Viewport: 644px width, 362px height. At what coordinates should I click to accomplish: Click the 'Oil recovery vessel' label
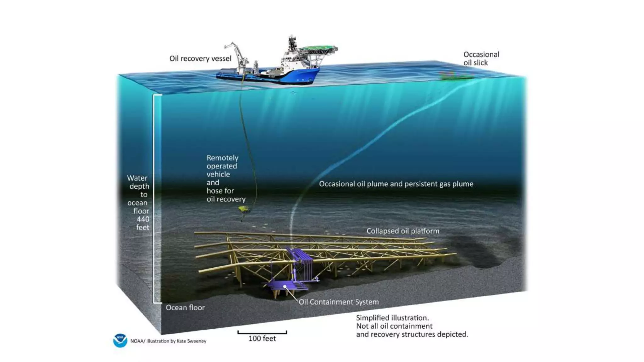tap(200, 58)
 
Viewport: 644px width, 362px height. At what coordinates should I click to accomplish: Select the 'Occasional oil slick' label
tap(481, 58)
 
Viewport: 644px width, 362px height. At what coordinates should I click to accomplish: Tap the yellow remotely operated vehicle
tap(243, 209)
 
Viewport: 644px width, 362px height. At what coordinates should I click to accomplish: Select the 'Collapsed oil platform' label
tap(403, 231)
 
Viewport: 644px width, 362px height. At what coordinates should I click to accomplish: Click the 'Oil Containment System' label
tap(339, 302)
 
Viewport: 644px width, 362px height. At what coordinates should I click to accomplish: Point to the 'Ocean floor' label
tap(185, 308)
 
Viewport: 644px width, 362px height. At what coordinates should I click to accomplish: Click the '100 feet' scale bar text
tap(262, 338)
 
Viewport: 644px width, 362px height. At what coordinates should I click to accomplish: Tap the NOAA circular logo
tap(120, 341)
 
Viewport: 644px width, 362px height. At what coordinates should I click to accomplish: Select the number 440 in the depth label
tap(143, 219)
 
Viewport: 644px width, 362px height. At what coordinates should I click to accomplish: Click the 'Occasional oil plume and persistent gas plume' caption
tap(396, 184)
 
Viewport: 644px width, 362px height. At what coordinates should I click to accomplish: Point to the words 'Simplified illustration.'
tap(392, 318)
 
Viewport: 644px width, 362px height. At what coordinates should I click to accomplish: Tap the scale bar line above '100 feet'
tap(262, 333)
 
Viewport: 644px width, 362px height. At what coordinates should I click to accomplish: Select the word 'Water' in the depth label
tap(137, 178)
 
